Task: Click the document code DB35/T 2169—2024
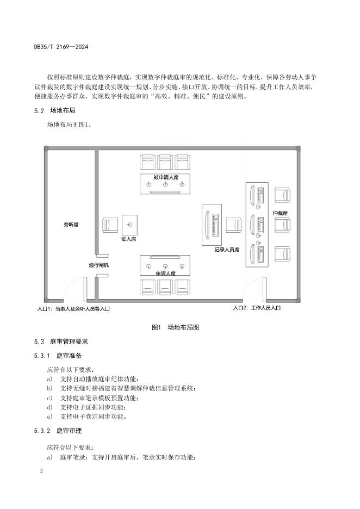61,47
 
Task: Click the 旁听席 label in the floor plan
71,224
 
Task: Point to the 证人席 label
128,239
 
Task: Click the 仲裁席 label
280,213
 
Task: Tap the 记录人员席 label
227,250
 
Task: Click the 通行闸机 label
99,265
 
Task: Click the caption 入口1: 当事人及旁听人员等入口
74,308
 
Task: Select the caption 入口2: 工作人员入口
257,308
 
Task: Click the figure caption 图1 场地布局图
176,327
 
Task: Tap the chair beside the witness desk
110,225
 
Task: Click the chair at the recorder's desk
234,225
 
